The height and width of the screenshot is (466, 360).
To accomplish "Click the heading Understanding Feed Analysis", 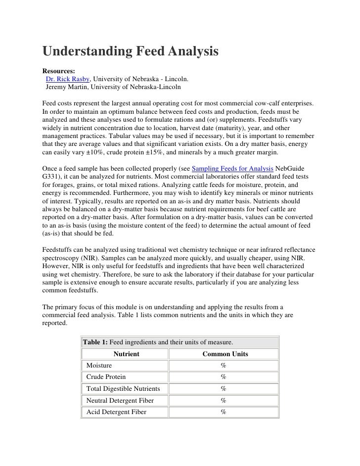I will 131,52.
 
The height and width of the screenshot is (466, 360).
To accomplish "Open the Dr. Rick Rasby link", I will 68,79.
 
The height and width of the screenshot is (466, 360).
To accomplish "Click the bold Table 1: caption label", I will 95,342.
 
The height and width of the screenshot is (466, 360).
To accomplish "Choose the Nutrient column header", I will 126,354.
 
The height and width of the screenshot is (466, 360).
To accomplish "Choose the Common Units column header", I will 225,354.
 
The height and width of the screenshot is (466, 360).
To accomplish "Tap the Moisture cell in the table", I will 99,366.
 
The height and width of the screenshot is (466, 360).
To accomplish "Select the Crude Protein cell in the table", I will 106,377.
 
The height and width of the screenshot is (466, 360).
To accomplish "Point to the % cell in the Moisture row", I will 224,366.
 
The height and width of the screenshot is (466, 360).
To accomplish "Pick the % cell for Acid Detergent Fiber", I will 224,412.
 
